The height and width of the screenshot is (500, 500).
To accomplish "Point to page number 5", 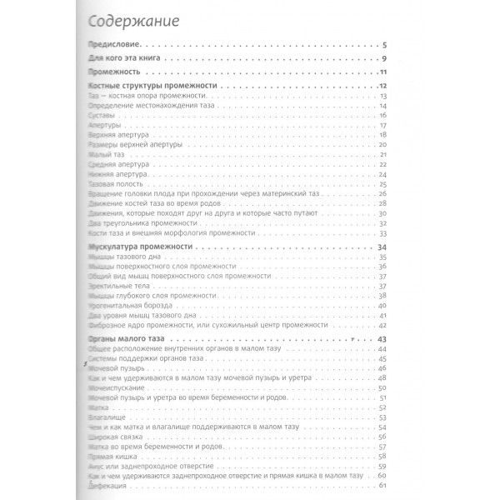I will tap(382, 44).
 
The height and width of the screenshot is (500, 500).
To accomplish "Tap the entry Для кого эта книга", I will tap(125, 59).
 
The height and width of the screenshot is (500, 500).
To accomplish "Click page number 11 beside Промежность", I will tap(381, 73).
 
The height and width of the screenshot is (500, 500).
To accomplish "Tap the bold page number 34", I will tap(381, 247).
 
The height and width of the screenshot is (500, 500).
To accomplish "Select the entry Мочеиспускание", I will tap(113, 387).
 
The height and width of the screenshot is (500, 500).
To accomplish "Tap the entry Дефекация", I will tap(106, 485).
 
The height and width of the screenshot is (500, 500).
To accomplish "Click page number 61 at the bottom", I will tap(381, 485).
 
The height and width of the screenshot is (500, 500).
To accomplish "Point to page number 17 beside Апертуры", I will tap(381, 126).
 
